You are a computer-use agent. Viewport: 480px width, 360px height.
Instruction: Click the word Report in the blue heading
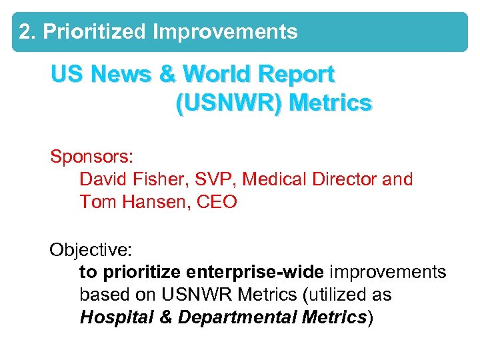(x=297, y=74)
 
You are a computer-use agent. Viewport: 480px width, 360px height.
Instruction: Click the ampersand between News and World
(x=167, y=74)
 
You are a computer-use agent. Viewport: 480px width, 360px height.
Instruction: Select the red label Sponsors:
(x=93, y=157)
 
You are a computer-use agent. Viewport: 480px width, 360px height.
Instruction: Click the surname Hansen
(x=158, y=202)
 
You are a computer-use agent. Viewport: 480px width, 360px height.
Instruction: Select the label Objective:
(x=91, y=250)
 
